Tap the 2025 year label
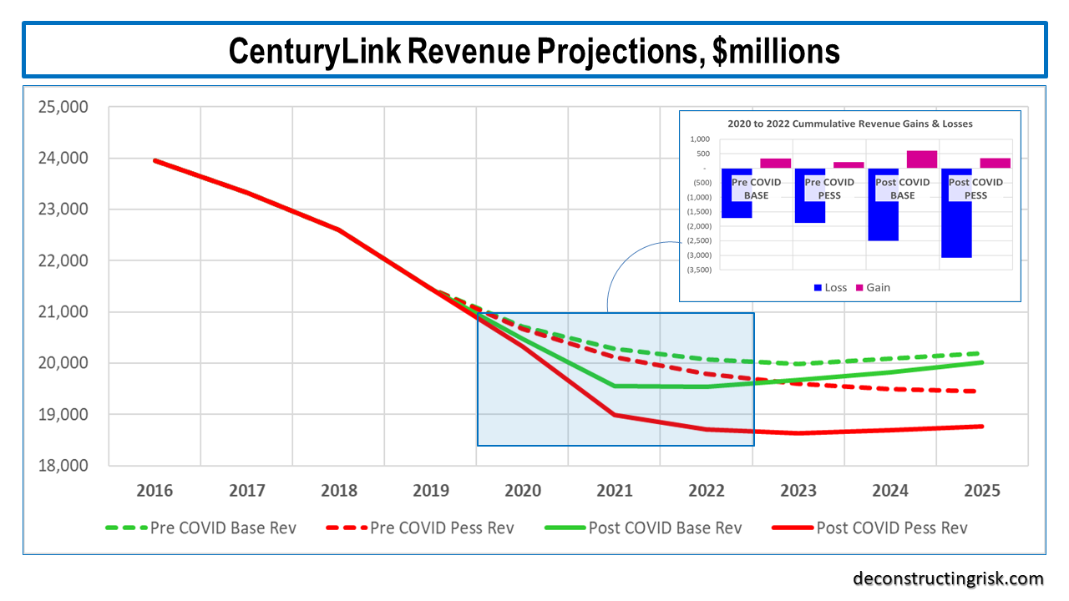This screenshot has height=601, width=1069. point(982,491)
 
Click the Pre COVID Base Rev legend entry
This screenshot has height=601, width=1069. point(200,528)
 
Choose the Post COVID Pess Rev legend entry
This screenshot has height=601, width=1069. point(869,528)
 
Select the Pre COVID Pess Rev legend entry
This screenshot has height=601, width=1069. point(428,528)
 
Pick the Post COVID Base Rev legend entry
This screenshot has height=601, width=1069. point(642,528)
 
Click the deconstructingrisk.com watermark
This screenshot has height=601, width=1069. point(948,578)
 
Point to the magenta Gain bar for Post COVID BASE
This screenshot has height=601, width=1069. point(922,159)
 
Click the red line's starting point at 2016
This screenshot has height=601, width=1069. point(155,160)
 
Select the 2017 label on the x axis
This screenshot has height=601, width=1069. point(247,491)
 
